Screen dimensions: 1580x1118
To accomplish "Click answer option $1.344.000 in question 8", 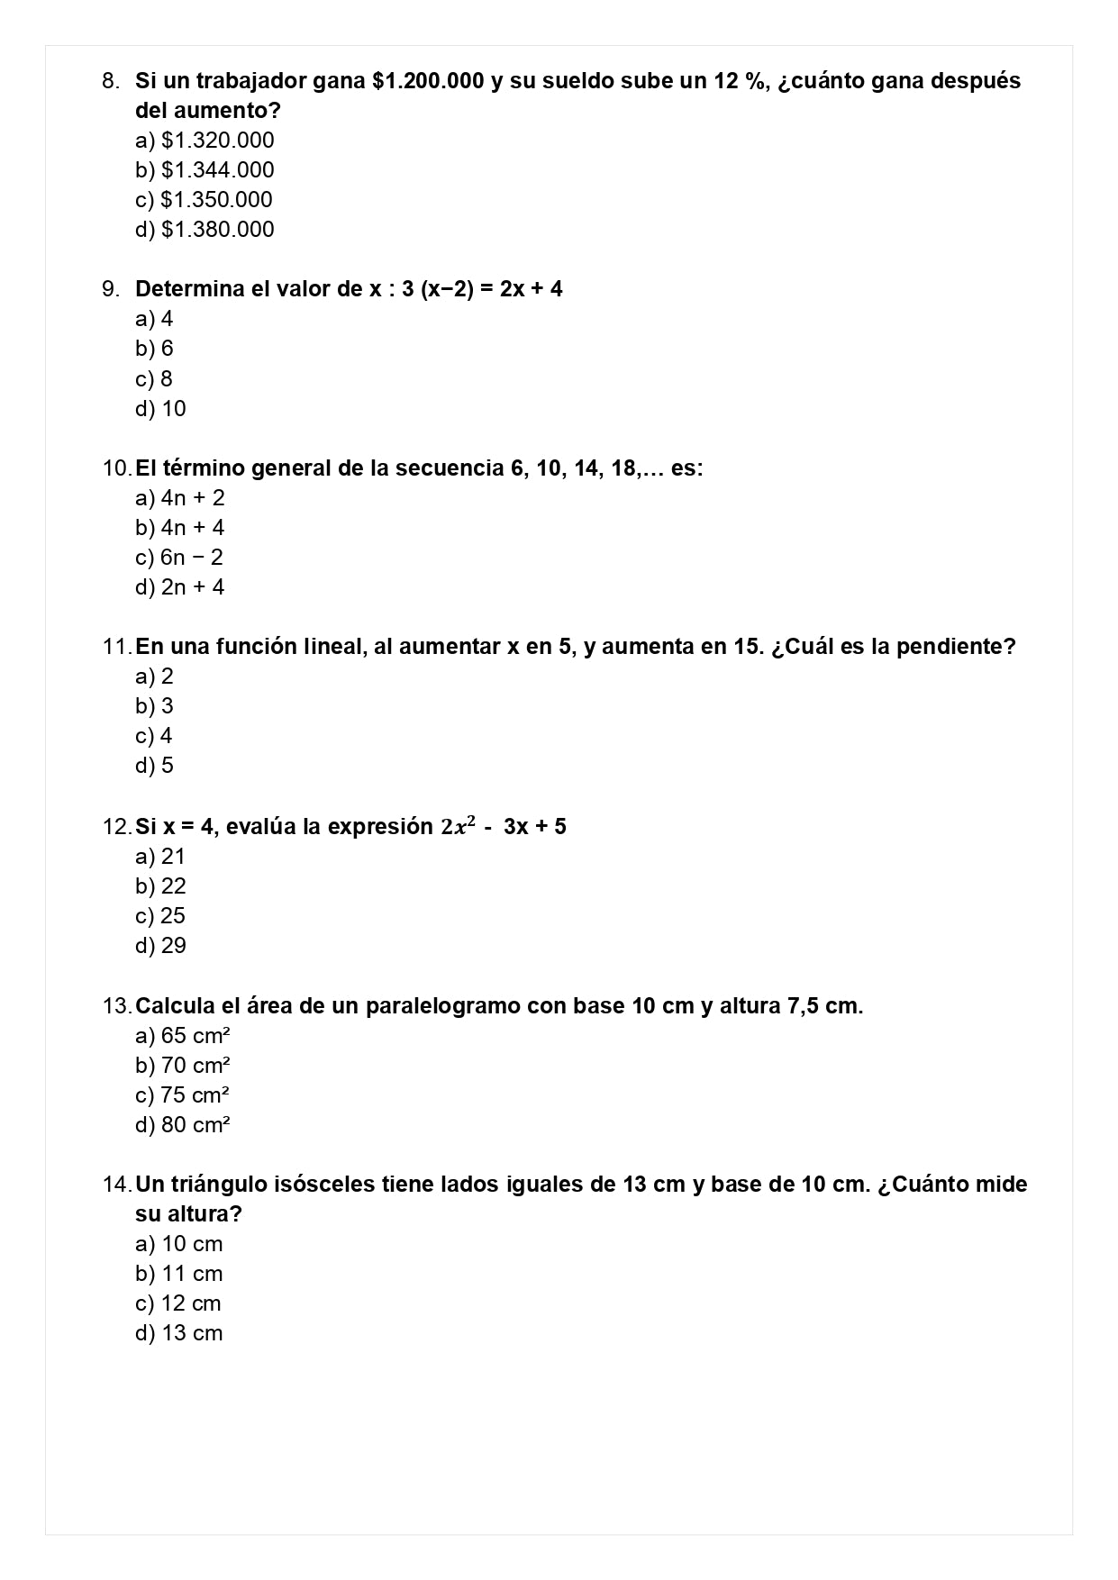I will tap(205, 170).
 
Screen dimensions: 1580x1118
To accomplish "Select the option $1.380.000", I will tap(205, 230).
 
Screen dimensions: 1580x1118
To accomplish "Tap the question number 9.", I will tap(111, 289).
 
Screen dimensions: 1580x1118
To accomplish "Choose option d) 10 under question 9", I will tap(161, 409).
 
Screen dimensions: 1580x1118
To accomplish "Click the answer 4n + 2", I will tap(180, 498).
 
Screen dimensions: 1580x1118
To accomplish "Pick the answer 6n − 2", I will tap(179, 558).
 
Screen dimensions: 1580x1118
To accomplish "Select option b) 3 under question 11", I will tap(155, 706).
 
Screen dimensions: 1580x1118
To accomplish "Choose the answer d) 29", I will tap(161, 946).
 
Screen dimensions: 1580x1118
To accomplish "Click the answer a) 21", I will tap(160, 857).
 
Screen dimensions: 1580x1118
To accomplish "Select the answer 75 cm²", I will tap(183, 1095).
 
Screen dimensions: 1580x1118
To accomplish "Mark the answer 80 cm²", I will tap(183, 1125).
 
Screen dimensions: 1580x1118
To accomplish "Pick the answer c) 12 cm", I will tap(178, 1303).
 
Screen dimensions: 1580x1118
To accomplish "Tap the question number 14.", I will tap(116, 1185).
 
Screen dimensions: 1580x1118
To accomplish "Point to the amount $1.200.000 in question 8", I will tap(428, 81).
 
